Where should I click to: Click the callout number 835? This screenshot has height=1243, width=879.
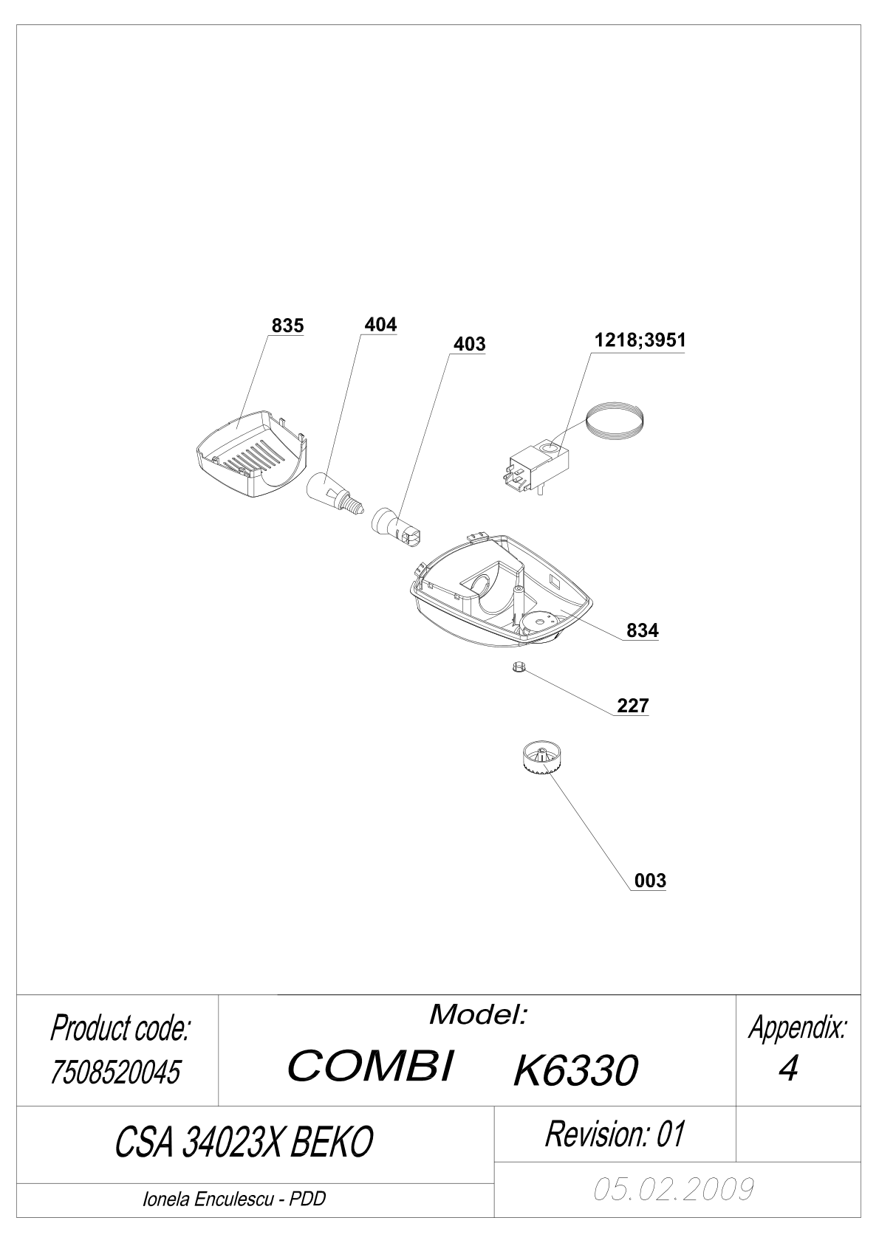pos(287,326)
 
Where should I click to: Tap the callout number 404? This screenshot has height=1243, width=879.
pos(380,325)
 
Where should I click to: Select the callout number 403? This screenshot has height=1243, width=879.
pos(469,344)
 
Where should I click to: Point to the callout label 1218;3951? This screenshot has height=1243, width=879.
pos(640,340)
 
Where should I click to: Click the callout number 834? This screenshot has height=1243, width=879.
pos(643,630)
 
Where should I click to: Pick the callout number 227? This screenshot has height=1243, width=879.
pos(633,706)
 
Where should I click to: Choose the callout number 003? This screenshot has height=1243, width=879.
pos(650,881)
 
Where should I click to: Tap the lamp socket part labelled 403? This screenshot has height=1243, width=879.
pos(397,527)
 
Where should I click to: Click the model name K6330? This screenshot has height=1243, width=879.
pos(576,1070)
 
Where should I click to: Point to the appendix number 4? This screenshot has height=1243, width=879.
pos(788,1067)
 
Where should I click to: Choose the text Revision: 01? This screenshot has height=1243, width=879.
pos(615,1134)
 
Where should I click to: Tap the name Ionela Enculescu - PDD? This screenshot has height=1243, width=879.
pos(234,1199)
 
